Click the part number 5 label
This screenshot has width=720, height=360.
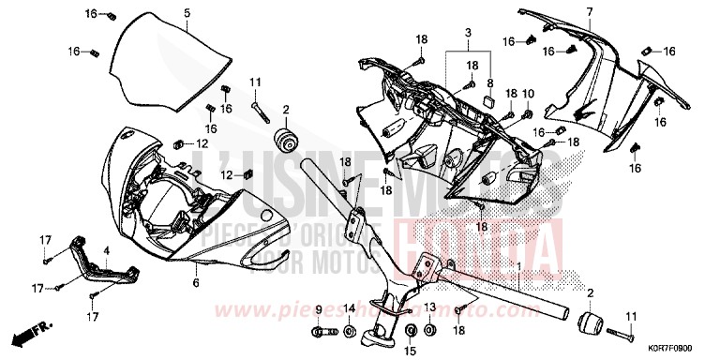click(x=187, y=12)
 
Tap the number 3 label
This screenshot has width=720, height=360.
click(x=468, y=34)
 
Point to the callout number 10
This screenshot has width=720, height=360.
click(x=528, y=94)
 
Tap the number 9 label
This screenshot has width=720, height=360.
click(x=317, y=309)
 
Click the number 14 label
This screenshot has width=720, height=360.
click(x=349, y=309)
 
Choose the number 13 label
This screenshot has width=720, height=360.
click(x=428, y=307)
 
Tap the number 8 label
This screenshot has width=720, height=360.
click(x=488, y=82)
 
